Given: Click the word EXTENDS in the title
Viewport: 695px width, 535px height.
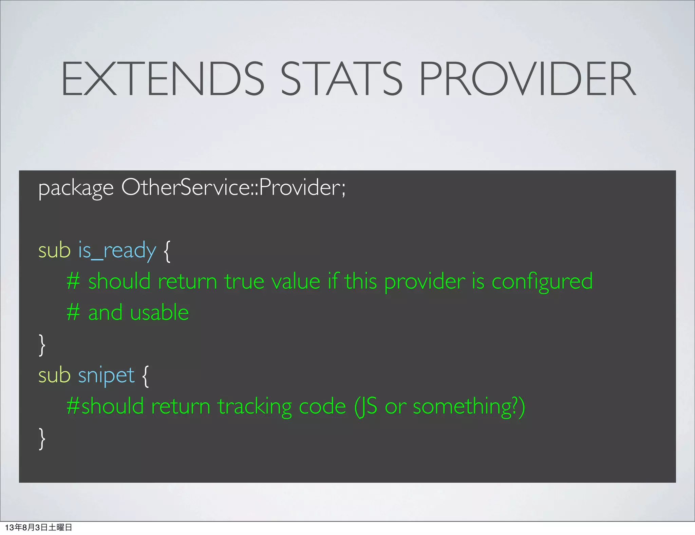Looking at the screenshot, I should click(x=162, y=79).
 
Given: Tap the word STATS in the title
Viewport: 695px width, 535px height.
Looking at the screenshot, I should click(x=341, y=79).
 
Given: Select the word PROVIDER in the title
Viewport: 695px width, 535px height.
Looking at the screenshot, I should click(x=527, y=79).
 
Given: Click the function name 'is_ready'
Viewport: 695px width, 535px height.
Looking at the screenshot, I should click(x=117, y=251).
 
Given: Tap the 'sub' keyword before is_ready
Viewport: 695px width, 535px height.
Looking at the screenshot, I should click(x=54, y=250).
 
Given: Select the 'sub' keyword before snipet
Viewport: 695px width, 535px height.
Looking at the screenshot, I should click(x=54, y=375).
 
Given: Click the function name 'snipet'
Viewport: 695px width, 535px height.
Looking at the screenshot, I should click(x=106, y=376).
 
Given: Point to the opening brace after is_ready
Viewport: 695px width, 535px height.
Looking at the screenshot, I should click(x=167, y=251).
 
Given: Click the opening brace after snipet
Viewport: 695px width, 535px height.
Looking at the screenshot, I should click(x=145, y=376).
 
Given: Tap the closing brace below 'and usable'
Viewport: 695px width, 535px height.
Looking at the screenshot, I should click(x=42, y=345).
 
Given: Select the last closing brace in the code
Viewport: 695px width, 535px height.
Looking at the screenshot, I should click(x=42, y=439).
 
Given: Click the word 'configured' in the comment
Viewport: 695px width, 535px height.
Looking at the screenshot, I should click(x=542, y=282).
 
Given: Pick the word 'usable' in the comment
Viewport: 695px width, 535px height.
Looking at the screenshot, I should click(x=159, y=313).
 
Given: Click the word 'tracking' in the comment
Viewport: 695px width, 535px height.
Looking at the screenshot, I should click(x=255, y=406).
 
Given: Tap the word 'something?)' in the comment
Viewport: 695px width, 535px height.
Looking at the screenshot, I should click(x=469, y=406).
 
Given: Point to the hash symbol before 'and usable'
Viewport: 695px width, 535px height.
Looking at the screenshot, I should click(x=73, y=313).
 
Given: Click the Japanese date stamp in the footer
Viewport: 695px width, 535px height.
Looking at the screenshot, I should click(x=38, y=527).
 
